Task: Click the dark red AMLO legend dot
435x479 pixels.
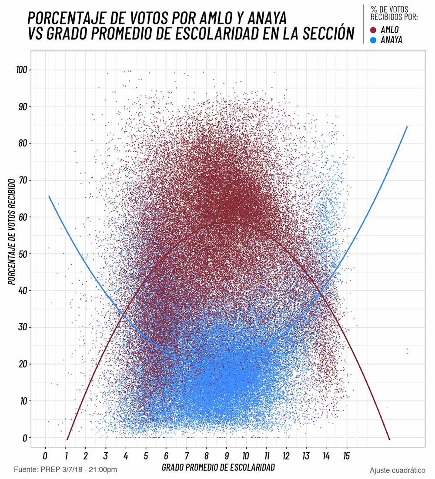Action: tap(374, 30)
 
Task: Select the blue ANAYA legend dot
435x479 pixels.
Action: tap(374, 40)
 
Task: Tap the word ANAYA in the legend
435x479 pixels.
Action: tap(391, 40)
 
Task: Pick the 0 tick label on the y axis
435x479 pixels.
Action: tap(25, 437)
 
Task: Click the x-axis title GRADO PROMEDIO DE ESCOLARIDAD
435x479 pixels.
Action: tap(218, 468)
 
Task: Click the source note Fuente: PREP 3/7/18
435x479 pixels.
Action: tap(65, 470)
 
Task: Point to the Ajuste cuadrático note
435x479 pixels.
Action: tap(398, 470)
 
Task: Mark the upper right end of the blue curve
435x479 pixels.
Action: tap(407, 127)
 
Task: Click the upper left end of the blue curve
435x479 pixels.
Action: tap(49, 196)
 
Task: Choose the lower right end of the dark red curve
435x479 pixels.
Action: tap(389, 439)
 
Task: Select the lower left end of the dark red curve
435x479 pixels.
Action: tap(67, 439)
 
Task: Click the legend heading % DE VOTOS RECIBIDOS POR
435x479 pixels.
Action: tap(394, 13)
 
